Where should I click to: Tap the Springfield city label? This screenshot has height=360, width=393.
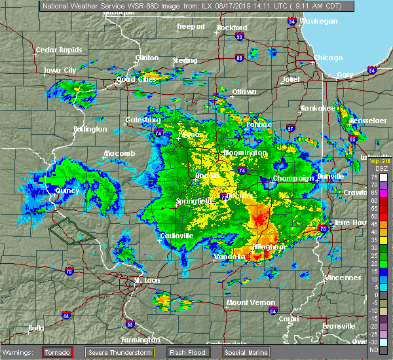pos(193,201)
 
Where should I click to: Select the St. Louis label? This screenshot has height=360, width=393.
pos(146,281)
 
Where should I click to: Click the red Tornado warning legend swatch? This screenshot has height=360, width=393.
pos(58,352)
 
